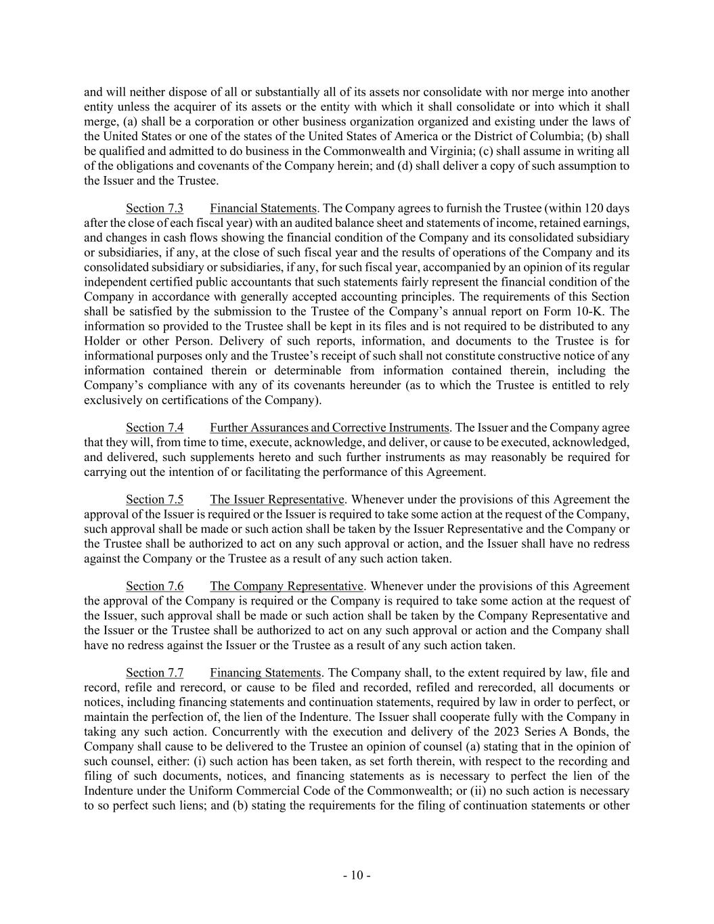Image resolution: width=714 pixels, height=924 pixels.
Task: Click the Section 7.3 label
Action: pyautogui.click(x=154, y=208)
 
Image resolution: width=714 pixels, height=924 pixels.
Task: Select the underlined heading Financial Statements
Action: pyautogui.click(x=263, y=208)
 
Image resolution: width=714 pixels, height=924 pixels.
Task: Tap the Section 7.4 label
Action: pyautogui.click(x=154, y=428)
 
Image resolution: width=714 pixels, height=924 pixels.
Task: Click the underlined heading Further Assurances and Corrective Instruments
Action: pyautogui.click(x=330, y=428)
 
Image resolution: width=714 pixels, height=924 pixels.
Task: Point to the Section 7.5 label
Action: pyautogui.click(x=154, y=500)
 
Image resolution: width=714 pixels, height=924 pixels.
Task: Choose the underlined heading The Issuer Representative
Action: pyautogui.click(x=277, y=500)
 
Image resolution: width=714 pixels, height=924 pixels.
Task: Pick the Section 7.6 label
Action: pyautogui.click(x=154, y=586)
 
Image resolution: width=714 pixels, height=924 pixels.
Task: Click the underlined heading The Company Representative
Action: pyautogui.click(x=287, y=586)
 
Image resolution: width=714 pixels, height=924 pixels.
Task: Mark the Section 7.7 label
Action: pyautogui.click(x=154, y=673)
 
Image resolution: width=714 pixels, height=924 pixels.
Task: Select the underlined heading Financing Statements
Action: pyautogui.click(x=265, y=673)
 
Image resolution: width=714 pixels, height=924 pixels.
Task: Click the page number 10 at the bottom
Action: pyautogui.click(x=357, y=876)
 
